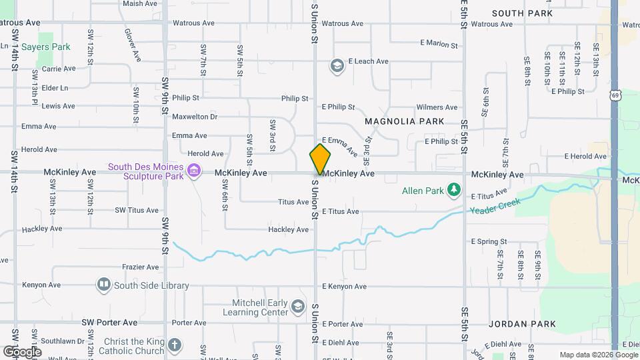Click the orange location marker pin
click(320, 159)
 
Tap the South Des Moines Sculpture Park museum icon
click(194, 172)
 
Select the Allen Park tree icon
click(454, 191)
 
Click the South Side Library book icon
click(103, 285)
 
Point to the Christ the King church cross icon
click(174, 345)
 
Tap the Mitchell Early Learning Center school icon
click(298, 307)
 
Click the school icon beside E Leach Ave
click(337, 65)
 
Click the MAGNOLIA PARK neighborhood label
click(405, 121)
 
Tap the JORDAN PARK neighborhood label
click(522, 324)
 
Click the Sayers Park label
click(46, 47)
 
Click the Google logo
click(22, 351)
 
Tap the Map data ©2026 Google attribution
click(597, 355)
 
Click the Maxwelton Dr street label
click(195, 117)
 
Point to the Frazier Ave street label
click(140, 267)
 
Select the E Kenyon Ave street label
click(344, 287)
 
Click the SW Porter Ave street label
click(109, 322)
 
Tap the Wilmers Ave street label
click(437, 107)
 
